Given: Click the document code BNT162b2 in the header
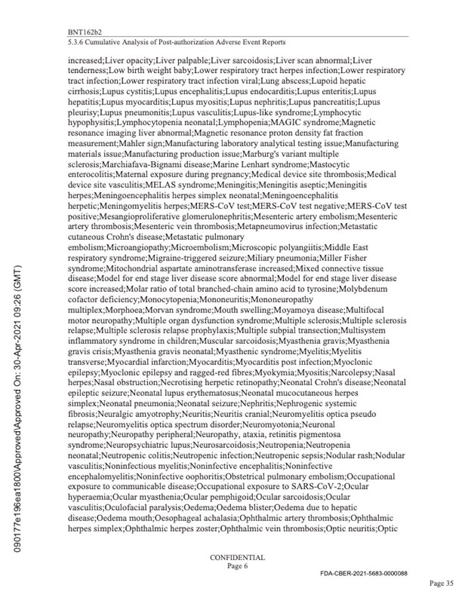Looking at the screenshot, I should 85,33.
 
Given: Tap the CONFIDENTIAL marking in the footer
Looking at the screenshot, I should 237,557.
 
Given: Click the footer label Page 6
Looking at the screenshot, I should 237,566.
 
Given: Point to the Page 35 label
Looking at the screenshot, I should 441,584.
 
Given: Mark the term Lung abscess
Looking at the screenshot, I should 286,81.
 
